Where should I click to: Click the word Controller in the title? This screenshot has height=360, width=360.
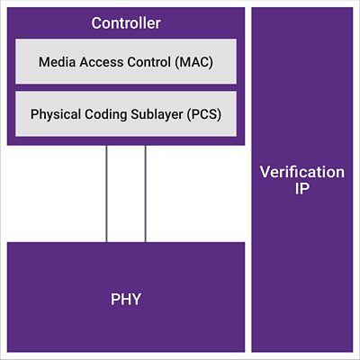click(126, 23)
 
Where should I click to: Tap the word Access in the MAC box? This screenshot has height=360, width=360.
click(102, 62)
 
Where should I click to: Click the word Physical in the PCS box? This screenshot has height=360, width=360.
click(56, 114)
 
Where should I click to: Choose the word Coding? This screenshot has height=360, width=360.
click(106, 114)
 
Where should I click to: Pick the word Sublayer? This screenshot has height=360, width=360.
click(157, 114)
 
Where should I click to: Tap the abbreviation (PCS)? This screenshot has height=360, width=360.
click(204, 114)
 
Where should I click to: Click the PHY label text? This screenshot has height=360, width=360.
click(126, 300)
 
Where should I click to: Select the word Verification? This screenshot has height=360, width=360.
click(302, 172)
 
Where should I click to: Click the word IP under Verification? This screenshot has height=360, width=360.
click(301, 189)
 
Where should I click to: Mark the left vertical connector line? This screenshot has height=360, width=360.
click(106, 193)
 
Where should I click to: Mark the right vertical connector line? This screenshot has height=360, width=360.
click(146, 193)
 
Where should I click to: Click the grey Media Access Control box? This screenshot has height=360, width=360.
click(126, 61)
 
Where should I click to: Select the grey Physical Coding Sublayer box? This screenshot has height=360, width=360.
click(126, 114)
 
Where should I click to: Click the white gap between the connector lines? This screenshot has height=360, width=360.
click(126, 193)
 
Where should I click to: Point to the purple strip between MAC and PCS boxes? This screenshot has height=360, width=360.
click(126, 87)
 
